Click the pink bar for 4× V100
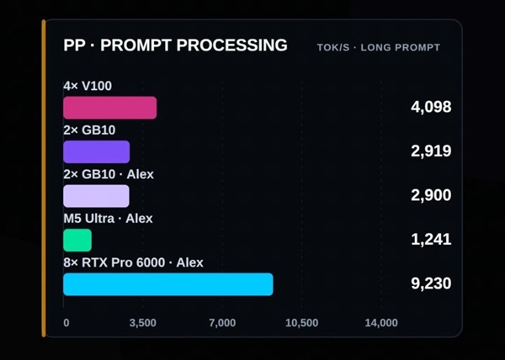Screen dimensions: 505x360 tap(109, 108)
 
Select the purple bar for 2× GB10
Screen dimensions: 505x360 tap(97, 152)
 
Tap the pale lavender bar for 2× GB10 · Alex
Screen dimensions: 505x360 tap(96, 196)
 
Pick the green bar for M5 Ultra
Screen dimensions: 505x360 tap(77, 240)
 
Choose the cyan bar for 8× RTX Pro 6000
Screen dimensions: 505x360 tap(168, 284)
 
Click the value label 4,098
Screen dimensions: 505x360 tap(431, 107)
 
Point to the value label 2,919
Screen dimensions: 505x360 tap(431, 151)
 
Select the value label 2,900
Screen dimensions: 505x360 tap(431, 195)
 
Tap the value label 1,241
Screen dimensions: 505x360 tap(431, 240)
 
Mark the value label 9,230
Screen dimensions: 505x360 tap(431, 283)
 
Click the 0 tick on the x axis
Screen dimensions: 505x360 tap(66, 323)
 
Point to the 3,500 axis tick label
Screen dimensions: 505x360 tap(143, 323)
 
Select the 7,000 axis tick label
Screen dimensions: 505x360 tap(222, 323)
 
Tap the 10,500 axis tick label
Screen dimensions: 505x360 tap(302, 323)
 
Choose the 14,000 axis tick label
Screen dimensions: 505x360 tap(381, 323)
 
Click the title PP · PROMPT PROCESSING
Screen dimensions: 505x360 tap(175, 45)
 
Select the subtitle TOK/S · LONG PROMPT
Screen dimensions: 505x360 tap(379, 48)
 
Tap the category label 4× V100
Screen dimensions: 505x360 tap(88, 86)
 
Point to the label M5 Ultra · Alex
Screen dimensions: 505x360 tap(108, 219)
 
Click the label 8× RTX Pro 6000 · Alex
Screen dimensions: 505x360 tap(133, 262)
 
